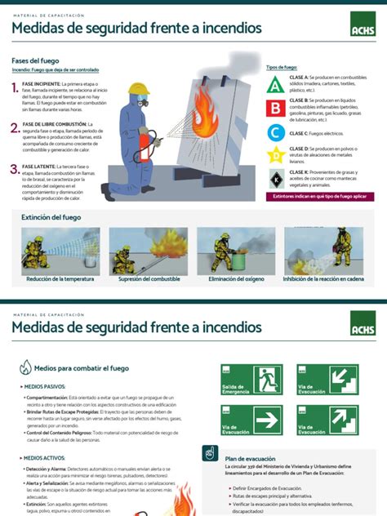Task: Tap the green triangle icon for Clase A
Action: pos(276,84)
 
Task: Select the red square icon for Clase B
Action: pos(276,108)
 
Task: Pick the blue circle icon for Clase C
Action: pos(276,132)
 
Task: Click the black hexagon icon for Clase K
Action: pos(276,177)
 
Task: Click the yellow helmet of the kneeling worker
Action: pos(139,88)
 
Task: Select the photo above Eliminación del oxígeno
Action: pos(234,251)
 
